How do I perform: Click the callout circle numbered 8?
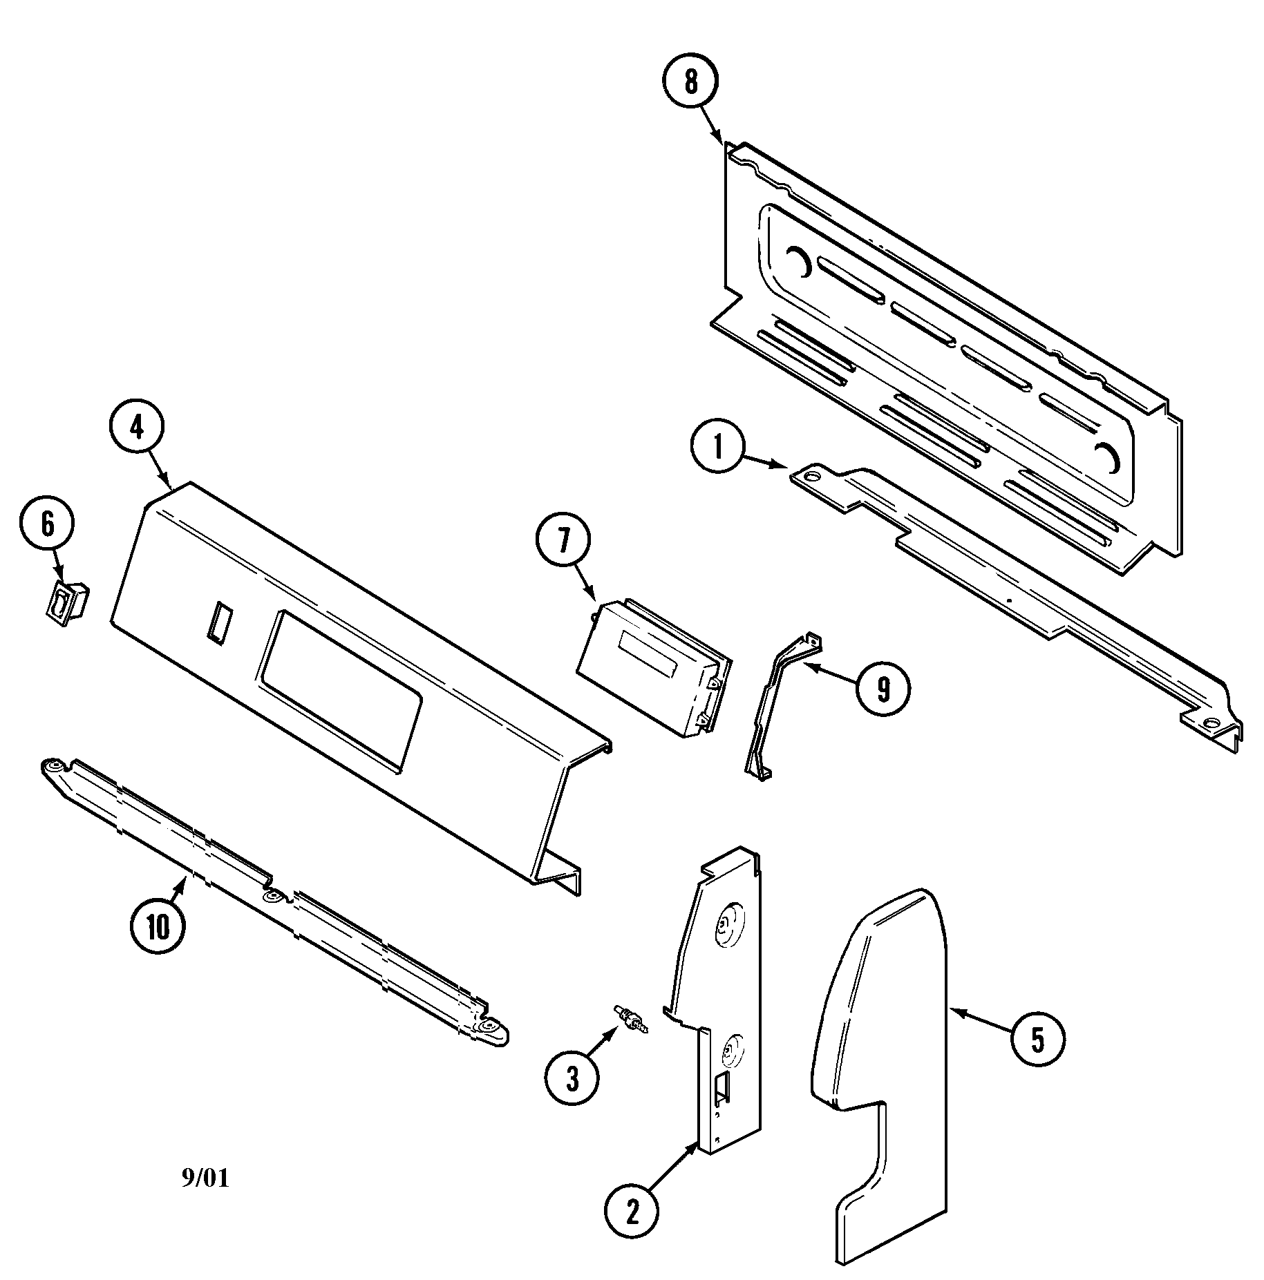(691, 82)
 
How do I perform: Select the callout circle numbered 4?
(136, 428)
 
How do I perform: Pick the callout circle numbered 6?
(47, 524)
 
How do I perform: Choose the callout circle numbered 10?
(158, 928)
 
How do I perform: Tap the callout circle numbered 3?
(572, 1078)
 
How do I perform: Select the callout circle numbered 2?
(632, 1208)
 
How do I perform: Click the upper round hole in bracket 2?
(725, 923)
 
